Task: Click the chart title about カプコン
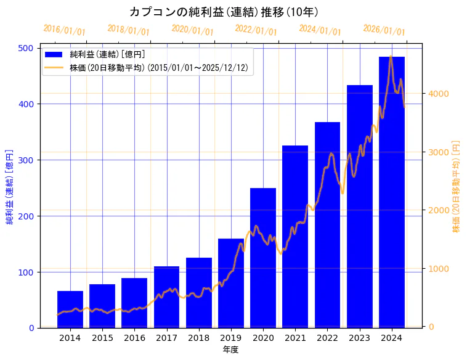coord(224,12)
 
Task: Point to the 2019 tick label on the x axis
coord(231,337)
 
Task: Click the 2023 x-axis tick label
coord(360,337)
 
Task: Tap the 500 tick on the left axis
coord(28,48)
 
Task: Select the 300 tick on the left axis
coord(28,160)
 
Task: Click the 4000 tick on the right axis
coord(439,94)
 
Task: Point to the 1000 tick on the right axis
coord(439,269)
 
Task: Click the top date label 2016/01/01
coord(65,30)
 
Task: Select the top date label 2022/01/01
coord(256,30)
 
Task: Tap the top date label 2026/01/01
coord(384,30)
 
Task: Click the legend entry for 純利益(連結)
coord(107,55)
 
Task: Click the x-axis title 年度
coord(230,350)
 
